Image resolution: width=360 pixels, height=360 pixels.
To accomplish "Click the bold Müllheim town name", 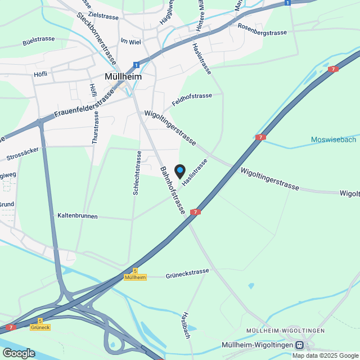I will (x=123, y=76).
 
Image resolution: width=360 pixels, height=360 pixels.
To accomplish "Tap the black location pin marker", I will (x=180, y=171).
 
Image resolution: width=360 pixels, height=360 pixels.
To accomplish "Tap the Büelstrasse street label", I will (x=38, y=42).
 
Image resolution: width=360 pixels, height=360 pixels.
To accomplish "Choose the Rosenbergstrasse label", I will (x=262, y=33).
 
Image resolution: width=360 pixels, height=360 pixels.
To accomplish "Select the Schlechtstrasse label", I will (x=137, y=173).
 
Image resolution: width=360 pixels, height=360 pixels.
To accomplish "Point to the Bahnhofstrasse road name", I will (x=173, y=190).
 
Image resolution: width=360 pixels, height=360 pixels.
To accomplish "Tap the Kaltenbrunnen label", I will (x=78, y=216).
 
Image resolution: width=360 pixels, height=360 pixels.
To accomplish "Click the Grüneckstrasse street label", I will (x=187, y=274).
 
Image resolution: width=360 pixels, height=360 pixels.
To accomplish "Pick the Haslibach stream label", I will (x=186, y=325).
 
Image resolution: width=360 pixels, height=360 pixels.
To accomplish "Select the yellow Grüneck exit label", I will (x=40, y=327).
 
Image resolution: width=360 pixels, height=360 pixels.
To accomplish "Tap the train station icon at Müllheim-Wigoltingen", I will (x=299, y=345).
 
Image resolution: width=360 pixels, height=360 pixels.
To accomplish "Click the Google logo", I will (x=18, y=353).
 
